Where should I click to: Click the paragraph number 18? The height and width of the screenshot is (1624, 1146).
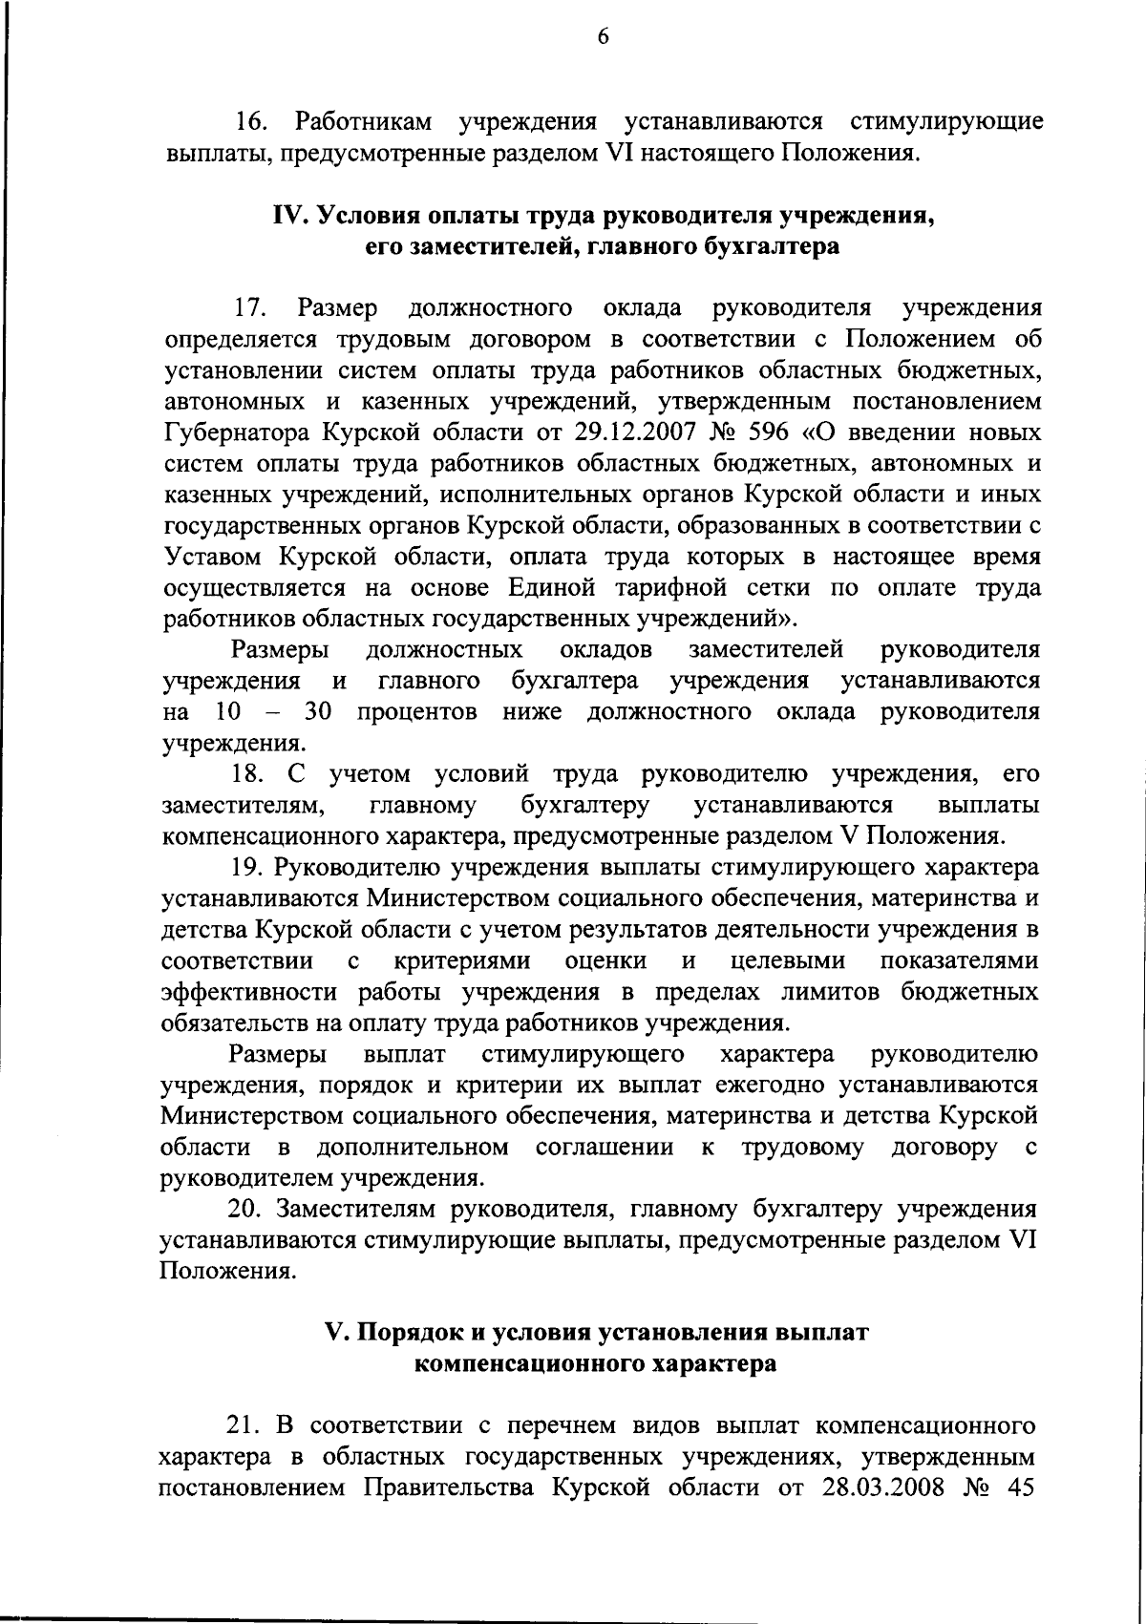(x=249, y=773)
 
